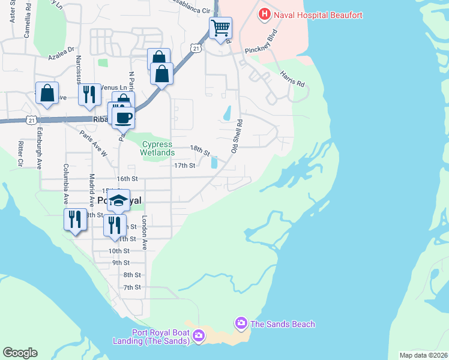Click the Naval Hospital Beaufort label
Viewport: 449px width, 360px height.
318,14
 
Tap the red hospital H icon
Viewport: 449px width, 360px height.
263,13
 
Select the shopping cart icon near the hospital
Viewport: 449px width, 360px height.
220,28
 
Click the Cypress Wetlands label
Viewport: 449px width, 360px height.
156,149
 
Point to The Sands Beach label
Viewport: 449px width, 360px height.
282,324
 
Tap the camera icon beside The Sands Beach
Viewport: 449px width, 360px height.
241,324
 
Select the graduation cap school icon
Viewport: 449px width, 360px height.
119,200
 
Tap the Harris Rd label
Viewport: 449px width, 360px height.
292,79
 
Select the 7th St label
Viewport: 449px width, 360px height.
131,287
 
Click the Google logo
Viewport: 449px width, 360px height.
20,353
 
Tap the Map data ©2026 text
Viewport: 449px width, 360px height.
423,355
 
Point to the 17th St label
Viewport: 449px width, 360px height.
184,166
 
